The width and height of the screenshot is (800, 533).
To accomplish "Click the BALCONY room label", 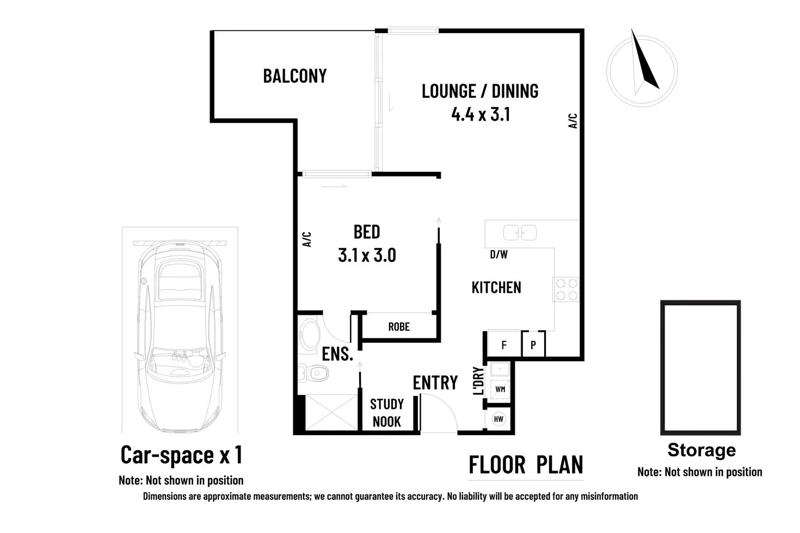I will coord(294,76).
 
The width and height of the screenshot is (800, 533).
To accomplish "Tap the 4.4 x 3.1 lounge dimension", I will coord(480,114).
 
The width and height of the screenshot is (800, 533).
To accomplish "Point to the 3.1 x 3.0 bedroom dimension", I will coord(367,255).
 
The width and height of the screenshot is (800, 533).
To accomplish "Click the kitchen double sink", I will coord(519,233).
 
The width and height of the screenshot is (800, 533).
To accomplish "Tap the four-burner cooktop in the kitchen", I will coord(566,289).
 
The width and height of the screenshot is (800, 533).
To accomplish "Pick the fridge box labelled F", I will coord(504,345).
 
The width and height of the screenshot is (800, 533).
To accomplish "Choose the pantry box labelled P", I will coord(533,345).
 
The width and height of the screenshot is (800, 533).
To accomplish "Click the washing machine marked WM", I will coord(500,389).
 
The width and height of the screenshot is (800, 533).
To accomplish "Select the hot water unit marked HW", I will coord(499,419).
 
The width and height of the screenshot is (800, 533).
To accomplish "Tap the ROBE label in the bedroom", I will coord(399,327).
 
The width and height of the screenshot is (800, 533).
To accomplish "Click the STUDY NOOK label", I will coord(386,412).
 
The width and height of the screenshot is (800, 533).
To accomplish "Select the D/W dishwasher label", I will coord(499,255).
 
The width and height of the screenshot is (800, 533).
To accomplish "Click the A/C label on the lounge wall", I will coord(573,120).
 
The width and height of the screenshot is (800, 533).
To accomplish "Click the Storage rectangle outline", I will coord(700,368).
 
